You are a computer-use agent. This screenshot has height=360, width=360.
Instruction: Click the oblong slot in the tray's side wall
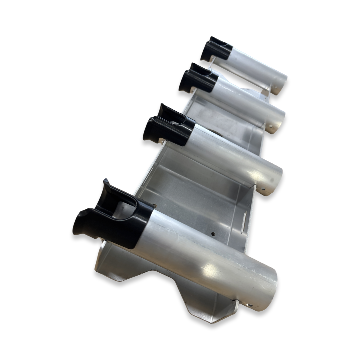(x=244, y=219)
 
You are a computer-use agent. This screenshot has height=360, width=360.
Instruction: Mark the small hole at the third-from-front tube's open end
(x=270, y=127)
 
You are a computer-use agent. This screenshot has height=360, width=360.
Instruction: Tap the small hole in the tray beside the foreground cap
(x=154, y=206)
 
